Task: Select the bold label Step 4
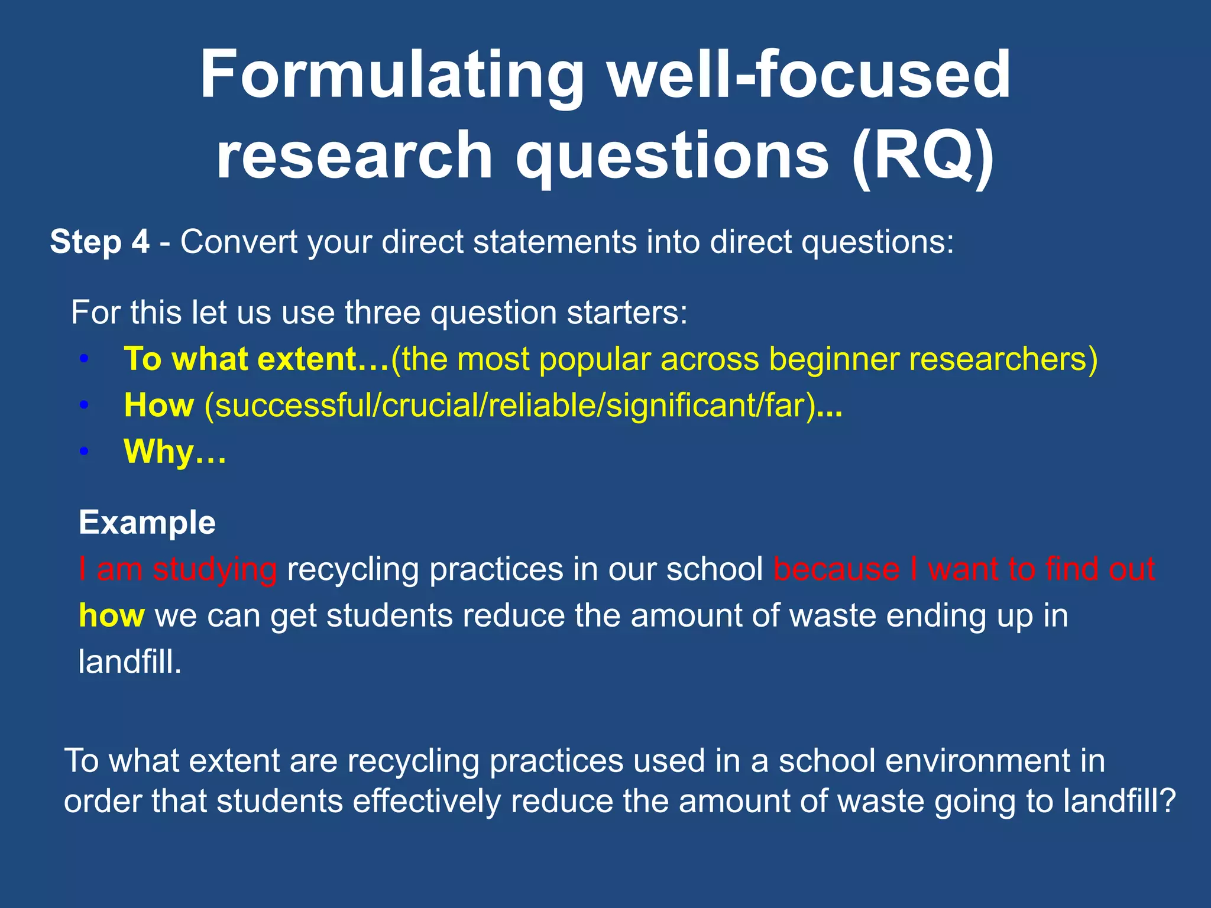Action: [99, 242]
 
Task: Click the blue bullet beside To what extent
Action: [85, 359]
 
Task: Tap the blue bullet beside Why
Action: [85, 452]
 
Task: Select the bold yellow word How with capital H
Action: [158, 406]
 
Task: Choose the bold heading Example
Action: [147, 523]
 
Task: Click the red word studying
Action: [215, 570]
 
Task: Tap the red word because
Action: [836, 569]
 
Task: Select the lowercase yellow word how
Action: [111, 615]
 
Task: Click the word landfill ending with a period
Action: [130, 661]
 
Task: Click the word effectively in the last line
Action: [426, 802]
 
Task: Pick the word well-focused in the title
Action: [810, 76]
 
